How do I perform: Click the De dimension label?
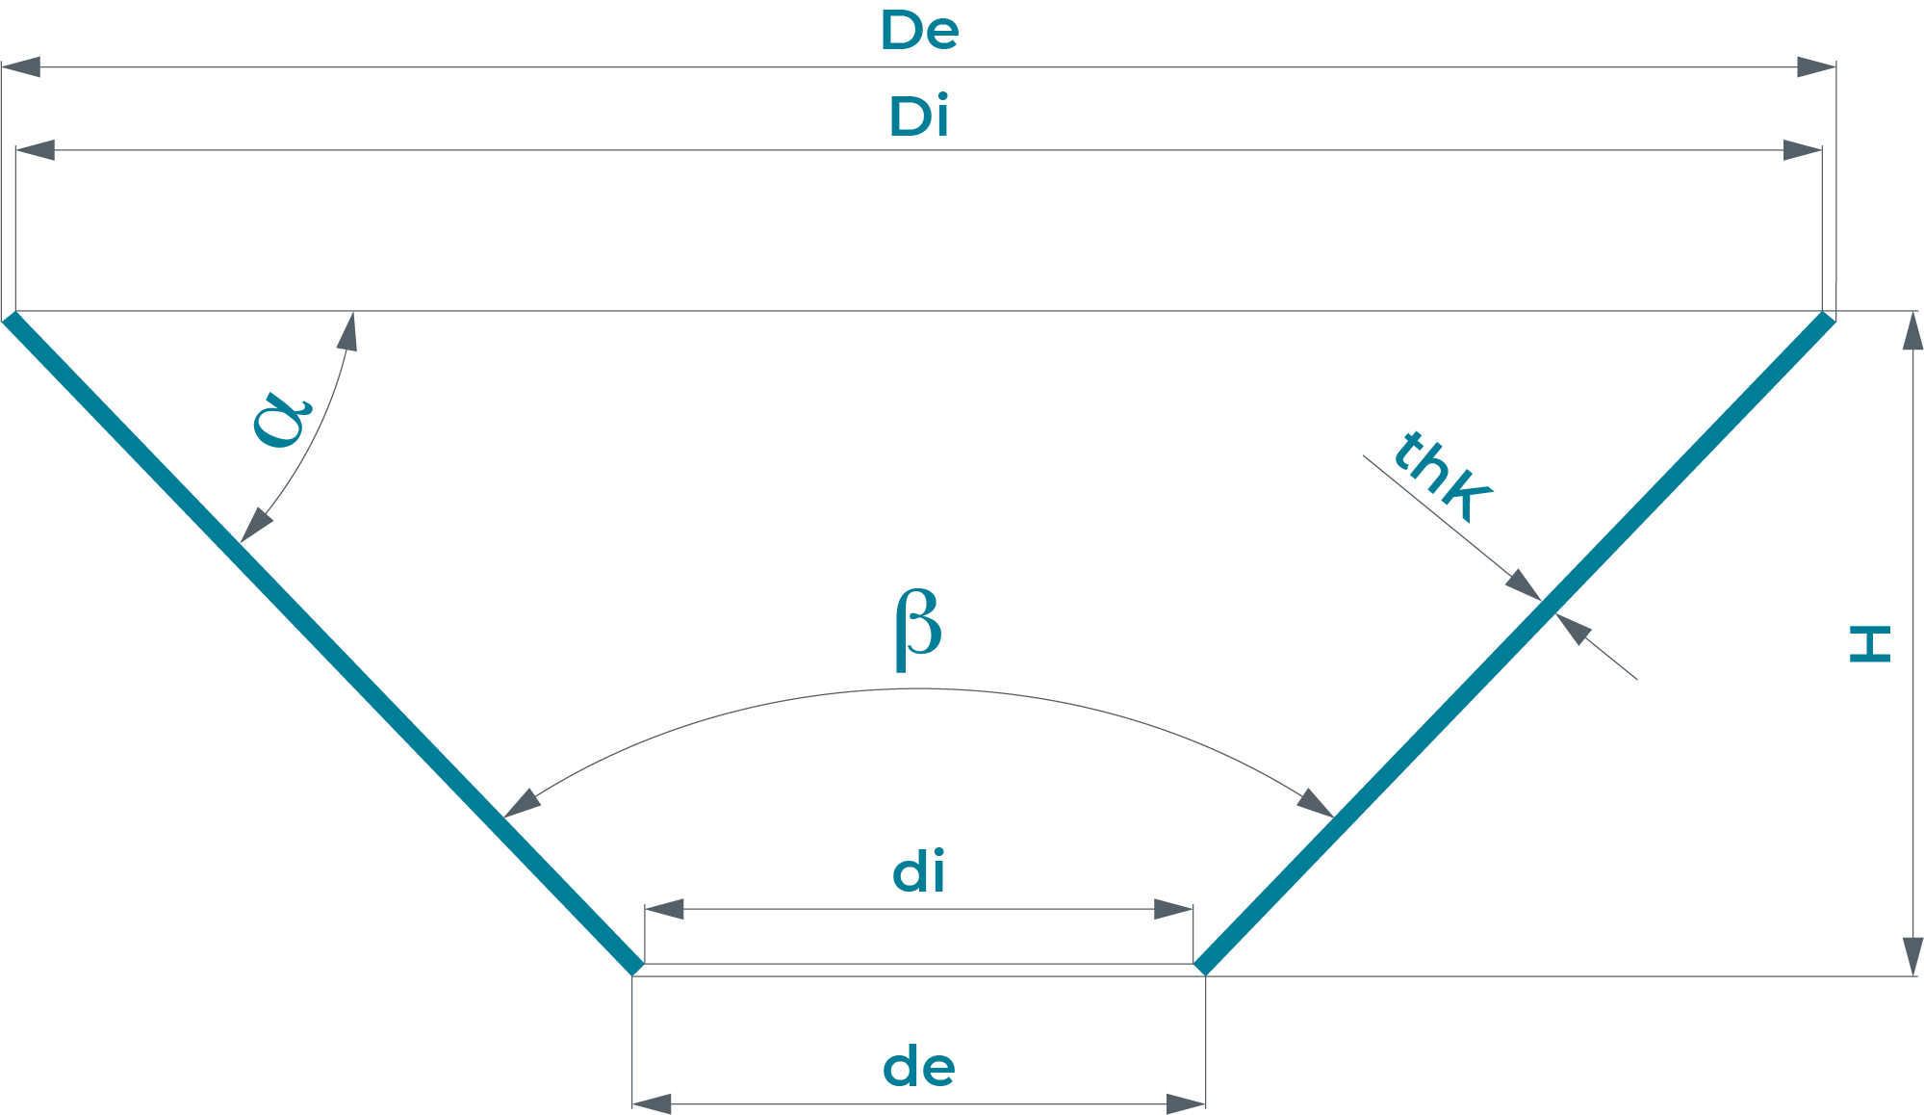point(919,31)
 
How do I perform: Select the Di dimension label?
point(918,117)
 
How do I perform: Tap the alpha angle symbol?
point(282,420)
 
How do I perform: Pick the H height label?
point(1870,644)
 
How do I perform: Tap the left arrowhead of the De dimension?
point(21,67)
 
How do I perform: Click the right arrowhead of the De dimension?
point(1816,67)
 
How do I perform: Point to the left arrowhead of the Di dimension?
point(36,150)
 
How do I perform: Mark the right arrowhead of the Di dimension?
point(1802,150)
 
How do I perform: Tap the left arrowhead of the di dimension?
point(664,909)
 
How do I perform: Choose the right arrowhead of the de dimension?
point(1186,1104)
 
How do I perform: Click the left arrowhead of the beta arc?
point(521,803)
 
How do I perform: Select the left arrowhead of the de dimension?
point(653,1104)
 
